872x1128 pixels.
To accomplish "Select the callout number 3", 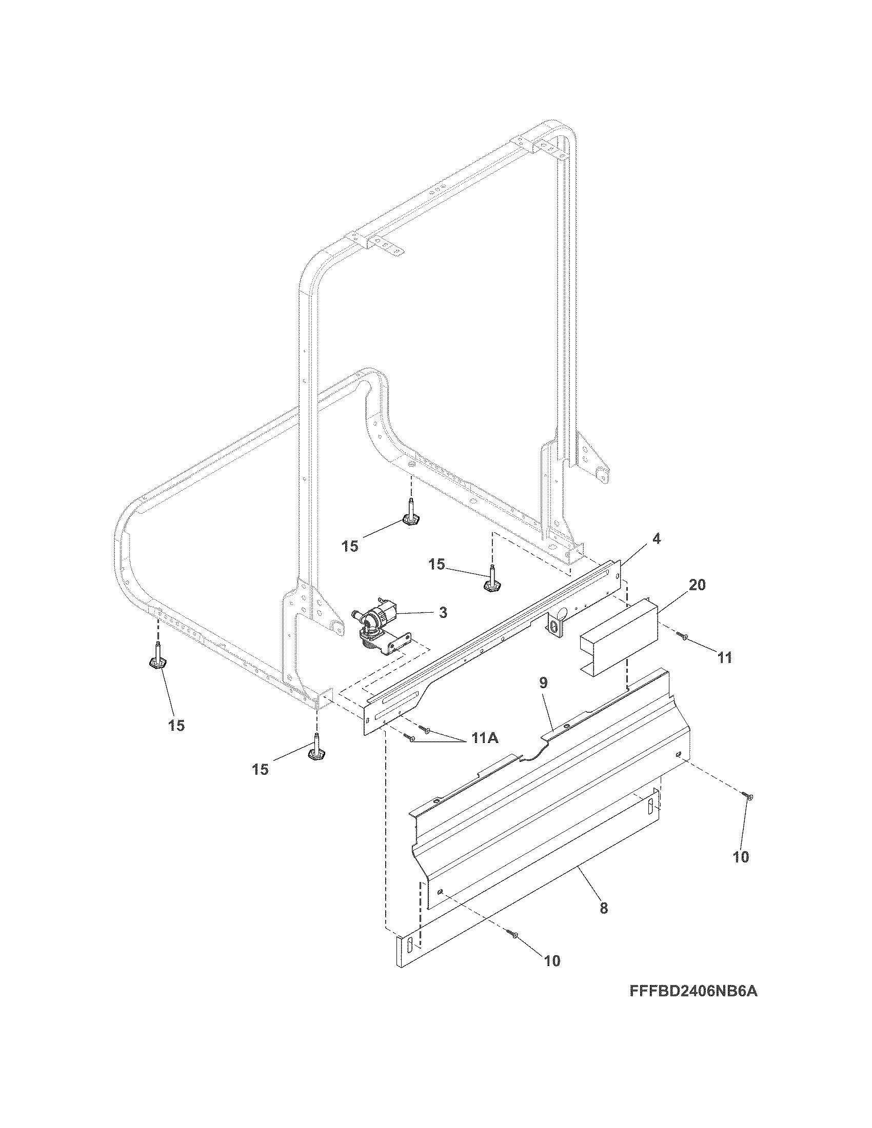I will pyautogui.click(x=443, y=613).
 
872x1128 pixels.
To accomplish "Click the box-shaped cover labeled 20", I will pyautogui.click(x=617, y=638).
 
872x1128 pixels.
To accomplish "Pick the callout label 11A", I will pyautogui.click(x=483, y=739).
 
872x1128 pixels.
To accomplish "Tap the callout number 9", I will pyautogui.click(x=543, y=683).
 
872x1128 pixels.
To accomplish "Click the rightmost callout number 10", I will pyautogui.click(x=741, y=857).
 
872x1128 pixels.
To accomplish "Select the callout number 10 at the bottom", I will pyautogui.click(x=552, y=961).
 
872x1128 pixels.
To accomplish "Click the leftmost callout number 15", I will pyautogui.click(x=176, y=726).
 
